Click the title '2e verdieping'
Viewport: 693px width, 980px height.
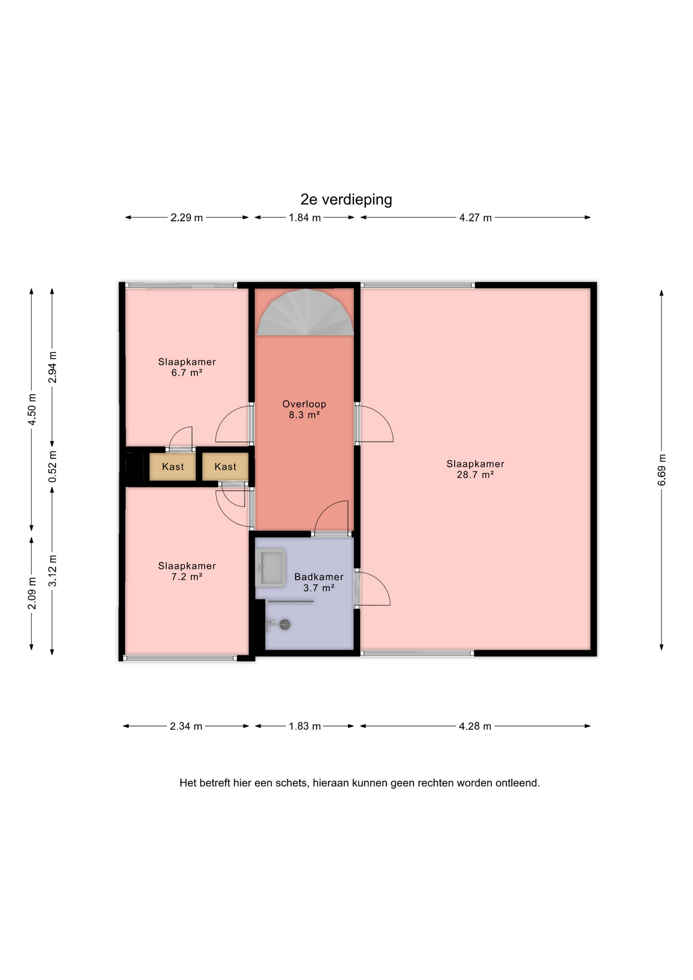click(x=346, y=200)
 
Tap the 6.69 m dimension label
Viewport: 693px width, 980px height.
click(x=662, y=470)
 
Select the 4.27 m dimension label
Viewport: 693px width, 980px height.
click(x=476, y=217)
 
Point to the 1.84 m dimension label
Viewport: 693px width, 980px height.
click(x=305, y=217)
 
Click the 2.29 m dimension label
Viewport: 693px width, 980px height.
click(x=187, y=217)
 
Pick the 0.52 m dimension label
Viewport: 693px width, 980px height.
click(x=53, y=466)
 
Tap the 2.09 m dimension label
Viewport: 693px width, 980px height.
click(x=32, y=593)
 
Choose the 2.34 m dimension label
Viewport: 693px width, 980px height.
click(x=186, y=726)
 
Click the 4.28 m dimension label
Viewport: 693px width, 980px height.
click(x=475, y=726)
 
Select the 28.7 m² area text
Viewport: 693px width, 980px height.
click(x=475, y=475)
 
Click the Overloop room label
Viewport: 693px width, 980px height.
click(x=304, y=404)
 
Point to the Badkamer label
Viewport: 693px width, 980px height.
click(x=319, y=577)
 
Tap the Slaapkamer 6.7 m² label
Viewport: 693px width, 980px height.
click(x=187, y=367)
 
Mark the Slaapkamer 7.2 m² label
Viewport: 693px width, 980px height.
click(x=187, y=571)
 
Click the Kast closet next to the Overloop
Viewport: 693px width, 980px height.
click(x=225, y=467)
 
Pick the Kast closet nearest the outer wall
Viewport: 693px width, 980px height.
click(x=172, y=467)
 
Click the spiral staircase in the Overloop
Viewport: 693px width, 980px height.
click(x=305, y=312)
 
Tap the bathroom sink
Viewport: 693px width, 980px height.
click(x=270, y=568)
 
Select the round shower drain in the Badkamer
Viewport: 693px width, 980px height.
click(x=285, y=624)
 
